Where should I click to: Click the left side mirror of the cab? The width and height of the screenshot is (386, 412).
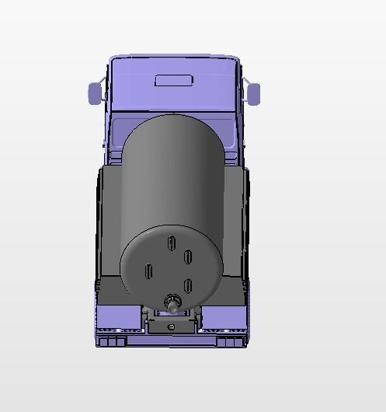[x=95, y=93]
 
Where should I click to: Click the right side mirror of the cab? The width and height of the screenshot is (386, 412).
[x=253, y=94]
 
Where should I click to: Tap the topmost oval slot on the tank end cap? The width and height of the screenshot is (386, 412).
[x=169, y=243]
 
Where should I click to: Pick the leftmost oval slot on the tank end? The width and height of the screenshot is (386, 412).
[x=148, y=272]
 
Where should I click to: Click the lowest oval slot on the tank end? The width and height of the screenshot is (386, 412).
[x=187, y=285]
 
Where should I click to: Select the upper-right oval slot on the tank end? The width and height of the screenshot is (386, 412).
[x=188, y=257]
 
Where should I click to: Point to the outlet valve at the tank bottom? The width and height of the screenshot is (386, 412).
[x=171, y=302]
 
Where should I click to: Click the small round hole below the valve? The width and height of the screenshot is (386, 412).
[x=171, y=326]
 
